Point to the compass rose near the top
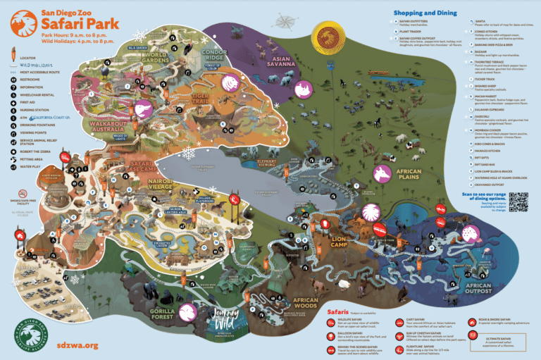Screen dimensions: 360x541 pos(285,18)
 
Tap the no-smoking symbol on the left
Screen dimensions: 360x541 pos(23,193)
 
